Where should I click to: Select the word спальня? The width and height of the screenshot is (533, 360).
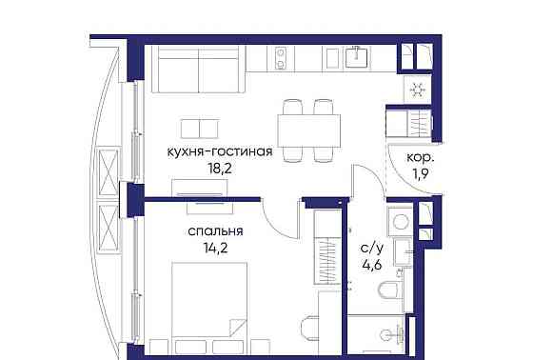(x=214, y=230)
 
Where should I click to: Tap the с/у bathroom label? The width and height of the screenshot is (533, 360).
(x=371, y=248)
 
